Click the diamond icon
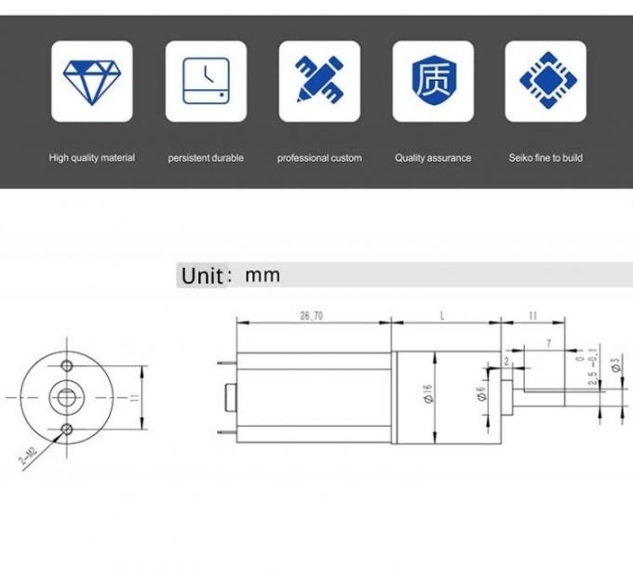91,81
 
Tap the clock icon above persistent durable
206,81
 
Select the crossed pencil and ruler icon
319,81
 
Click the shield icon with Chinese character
433,81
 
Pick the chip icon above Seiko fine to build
545,81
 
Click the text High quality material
91,158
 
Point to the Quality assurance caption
433,158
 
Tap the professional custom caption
319,158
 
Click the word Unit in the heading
201,276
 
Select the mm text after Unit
262,275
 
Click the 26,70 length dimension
312,317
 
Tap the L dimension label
442,317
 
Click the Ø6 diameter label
480,396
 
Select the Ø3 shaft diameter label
615,364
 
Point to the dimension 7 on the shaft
548,343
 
